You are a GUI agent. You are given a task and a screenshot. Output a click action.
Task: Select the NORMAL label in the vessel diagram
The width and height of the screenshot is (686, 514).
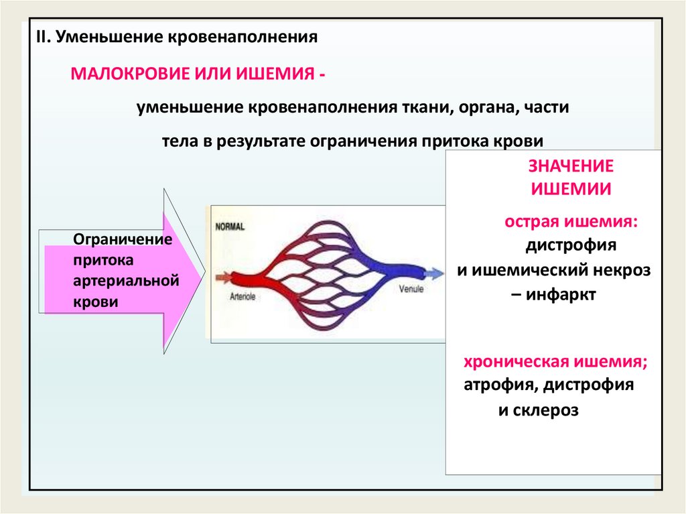pyautogui.click(x=230, y=227)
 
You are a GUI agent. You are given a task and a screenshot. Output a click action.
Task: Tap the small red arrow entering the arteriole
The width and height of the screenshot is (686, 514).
pyautogui.click(x=222, y=275)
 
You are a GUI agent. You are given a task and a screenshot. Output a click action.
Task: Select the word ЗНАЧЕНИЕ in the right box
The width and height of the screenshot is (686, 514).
pyautogui.click(x=571, y=167)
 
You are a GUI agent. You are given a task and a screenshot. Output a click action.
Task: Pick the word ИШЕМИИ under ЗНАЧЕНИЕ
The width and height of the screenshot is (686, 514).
pyautogui.click(x=571, y=189)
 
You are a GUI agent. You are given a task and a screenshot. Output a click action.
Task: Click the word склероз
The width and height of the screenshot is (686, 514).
pyautogui.click(x=547, y=410)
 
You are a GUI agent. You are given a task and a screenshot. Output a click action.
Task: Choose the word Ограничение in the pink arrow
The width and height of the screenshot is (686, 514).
pyautogui.click(x=122, y=240)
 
